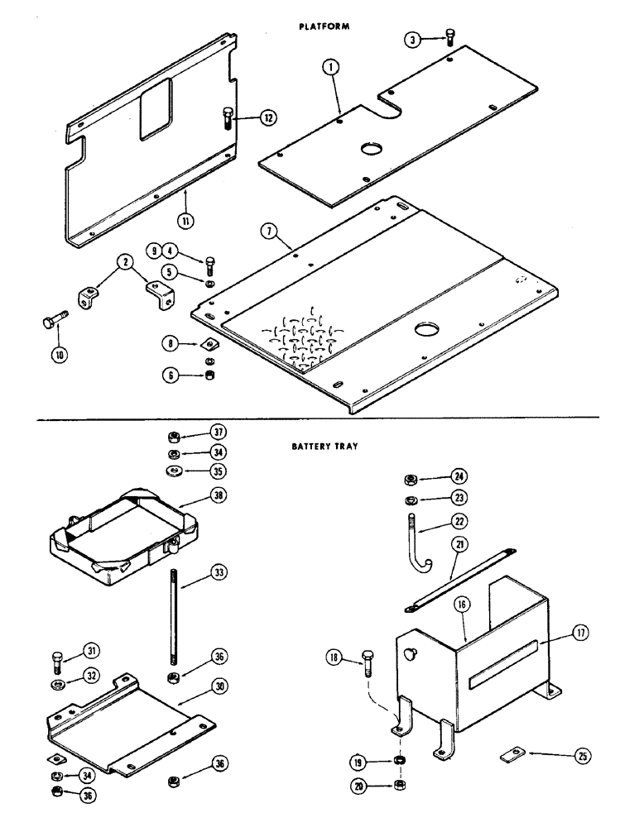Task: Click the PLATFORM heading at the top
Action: click(x=324, y=26)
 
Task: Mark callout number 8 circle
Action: click(x=171, y=342)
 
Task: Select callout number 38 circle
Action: click(x=219, y=497)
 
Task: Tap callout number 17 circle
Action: click(x=581, y=635)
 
